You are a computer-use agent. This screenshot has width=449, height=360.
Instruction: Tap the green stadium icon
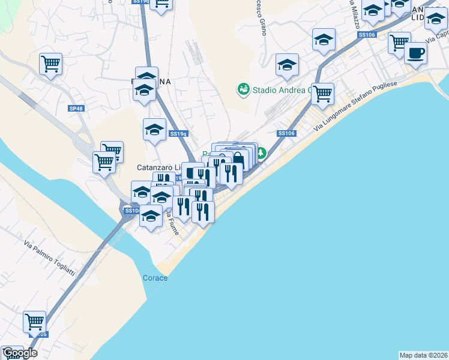(x=243, y=89)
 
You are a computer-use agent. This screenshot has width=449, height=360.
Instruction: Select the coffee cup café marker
(x=415, y=53)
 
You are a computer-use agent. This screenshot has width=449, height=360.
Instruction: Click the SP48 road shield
(x=76, y=109)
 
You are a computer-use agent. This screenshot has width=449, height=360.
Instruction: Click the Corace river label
(x=155, y=278)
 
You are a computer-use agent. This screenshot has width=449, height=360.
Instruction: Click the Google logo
(x=19, y=353)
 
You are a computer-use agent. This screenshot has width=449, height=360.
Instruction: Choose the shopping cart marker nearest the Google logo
(x=35, y=321)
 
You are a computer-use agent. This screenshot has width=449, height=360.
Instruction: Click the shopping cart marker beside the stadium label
(x=323, y=93)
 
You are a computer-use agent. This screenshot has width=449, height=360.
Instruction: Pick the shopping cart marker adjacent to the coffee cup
(x=399, y=42)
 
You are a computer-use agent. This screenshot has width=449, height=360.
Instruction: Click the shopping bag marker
(x=238, y=159)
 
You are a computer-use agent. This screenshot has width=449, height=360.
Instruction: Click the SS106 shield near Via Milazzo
(x=366, y=35)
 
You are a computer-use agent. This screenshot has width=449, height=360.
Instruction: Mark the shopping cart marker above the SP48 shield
(x=50, y=63)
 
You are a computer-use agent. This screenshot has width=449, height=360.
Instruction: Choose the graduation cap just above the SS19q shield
(x=155, y=129)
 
